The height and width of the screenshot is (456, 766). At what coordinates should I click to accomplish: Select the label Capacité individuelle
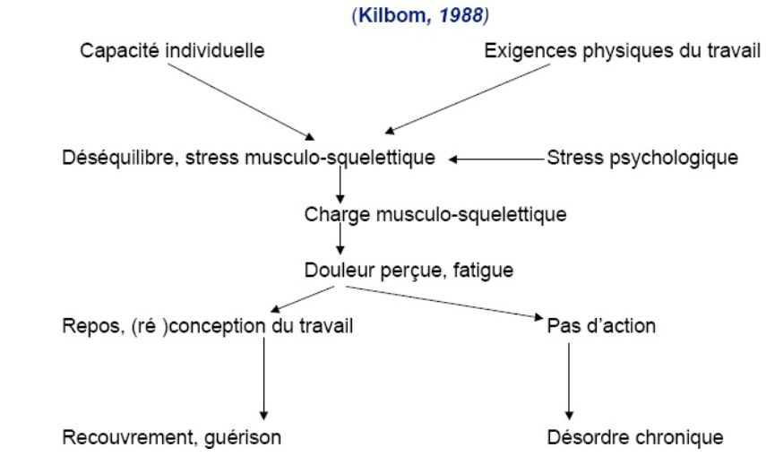pos(172,50)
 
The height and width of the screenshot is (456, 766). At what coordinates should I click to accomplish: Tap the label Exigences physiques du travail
pos(622,50)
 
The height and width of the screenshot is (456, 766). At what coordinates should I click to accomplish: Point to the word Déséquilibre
pos(109,159)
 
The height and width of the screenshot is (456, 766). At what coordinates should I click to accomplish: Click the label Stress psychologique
pos(642,159)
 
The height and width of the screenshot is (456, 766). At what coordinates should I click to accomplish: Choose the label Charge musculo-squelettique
pos(435,215)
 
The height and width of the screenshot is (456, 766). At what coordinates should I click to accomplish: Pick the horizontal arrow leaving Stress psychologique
pos(497,159)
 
